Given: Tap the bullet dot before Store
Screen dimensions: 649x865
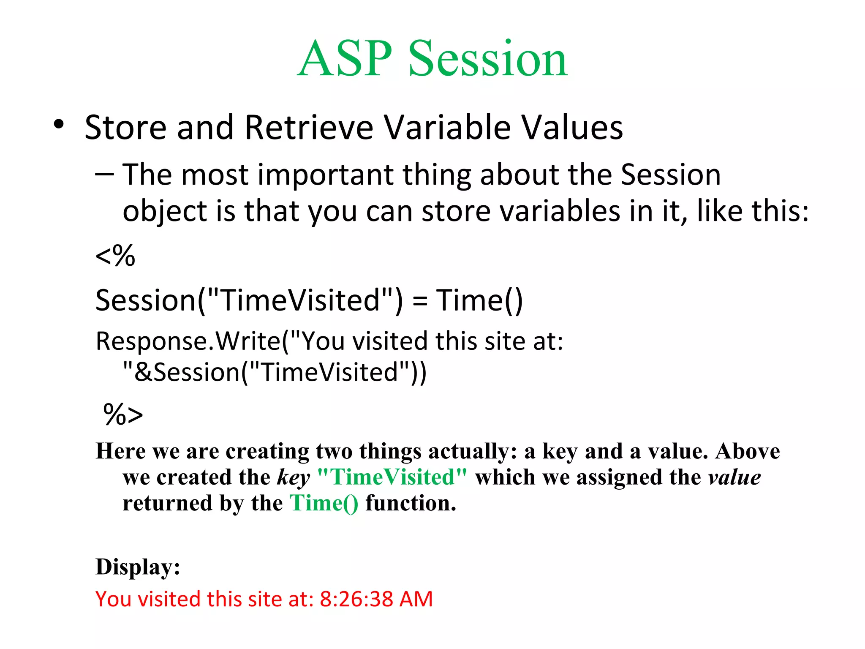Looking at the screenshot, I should [59, 125].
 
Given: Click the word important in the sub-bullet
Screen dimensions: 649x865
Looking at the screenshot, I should [326, 175].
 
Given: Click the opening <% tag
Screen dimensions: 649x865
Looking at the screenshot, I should [115, 256].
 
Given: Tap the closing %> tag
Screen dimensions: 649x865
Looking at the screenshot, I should [123, 414].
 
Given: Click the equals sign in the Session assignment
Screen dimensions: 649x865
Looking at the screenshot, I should [419, 301].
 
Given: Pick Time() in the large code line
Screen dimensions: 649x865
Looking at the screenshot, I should [479, 300].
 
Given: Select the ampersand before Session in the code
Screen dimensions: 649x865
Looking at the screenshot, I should [143, 372].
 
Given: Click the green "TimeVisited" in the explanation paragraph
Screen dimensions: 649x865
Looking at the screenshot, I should [392, 477].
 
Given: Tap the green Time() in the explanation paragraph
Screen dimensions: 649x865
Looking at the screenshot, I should [324, 503].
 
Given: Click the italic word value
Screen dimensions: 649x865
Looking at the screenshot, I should [734, 477].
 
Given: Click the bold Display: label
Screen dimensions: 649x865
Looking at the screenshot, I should [138, 567].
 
